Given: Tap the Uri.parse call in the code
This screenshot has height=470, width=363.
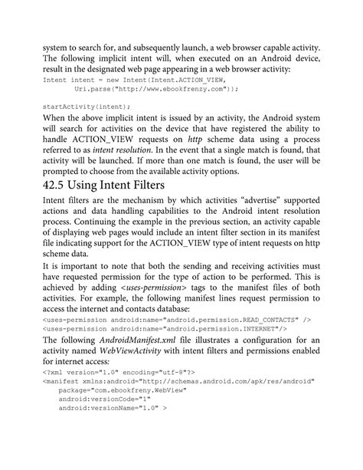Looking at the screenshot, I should [94, 89].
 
